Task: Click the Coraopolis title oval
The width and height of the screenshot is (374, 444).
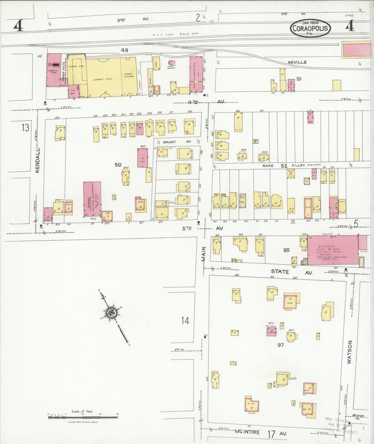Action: click(x=311, y=28)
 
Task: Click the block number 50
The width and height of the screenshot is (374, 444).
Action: click(x=118, y=165)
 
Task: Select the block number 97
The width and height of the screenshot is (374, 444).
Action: click(x=281, y=345)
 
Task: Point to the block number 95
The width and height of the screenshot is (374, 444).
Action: click(x=286, y=250)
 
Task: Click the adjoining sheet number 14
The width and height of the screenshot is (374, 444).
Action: click(x=185, y=321)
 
